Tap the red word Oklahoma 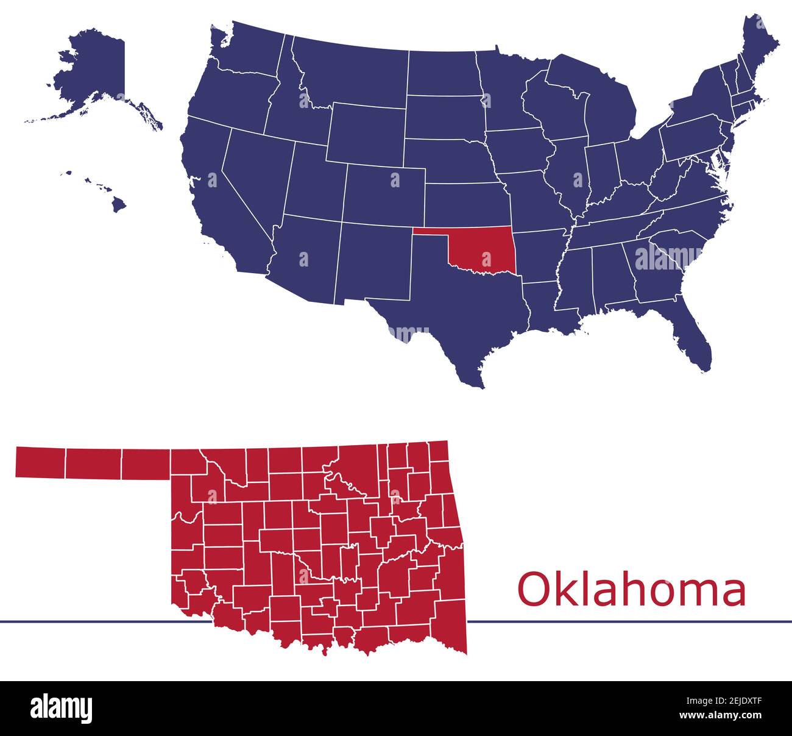pos(631,590)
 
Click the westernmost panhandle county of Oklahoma pos(40,462)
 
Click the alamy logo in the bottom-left pos(62,708)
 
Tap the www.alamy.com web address pos(731,715)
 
